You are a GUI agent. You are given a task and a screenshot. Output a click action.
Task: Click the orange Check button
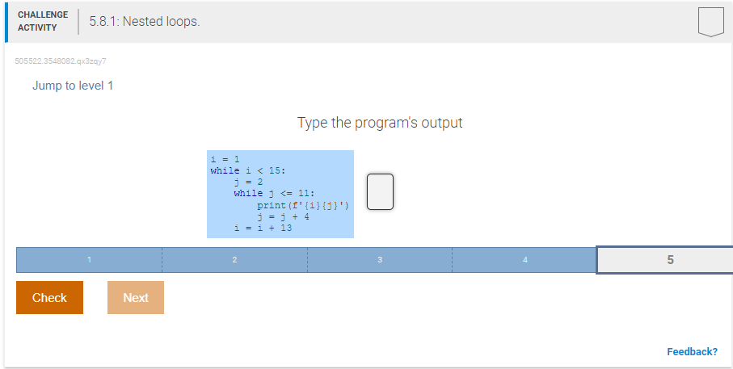pyautogui.click(x=49, y=297)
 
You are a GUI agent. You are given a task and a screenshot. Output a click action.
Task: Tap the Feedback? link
pyautogui.click(x=692, y=352)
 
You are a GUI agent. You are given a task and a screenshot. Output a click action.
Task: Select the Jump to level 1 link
pyautogui.click(x=73, y=86)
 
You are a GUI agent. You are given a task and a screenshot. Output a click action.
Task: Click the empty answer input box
pyautogui.click(x=380, y=192)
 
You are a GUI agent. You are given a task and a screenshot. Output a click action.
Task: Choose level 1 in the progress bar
pyautogui.click(x=89, y=260)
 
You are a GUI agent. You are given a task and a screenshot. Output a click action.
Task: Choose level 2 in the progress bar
pyautogui.click(x=234, y=260)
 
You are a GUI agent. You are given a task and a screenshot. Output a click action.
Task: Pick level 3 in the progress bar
pyautogui.click(x=380, y=260)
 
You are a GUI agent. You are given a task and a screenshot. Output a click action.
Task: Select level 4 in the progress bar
pyautogui.click(x=524, y=260)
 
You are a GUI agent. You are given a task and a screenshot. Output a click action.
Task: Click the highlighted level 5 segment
pyautogui.click(x=665, y=260)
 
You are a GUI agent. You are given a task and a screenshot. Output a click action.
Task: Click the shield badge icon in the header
pyautogui.click(x=711, y=22)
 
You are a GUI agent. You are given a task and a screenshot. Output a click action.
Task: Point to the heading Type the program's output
pyautogui.click(x=380, y=123)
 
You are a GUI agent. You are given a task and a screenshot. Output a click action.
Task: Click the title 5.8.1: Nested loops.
pyautogui.click(x=145, y=22)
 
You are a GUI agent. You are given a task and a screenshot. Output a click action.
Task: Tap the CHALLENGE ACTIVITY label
pyautogui.click(x=43, y=21)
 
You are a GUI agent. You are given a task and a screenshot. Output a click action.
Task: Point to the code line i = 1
pyautogui.click(x=225, y=159)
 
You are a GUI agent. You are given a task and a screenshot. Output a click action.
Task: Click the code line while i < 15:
pyautogui.click(x=248, y=170)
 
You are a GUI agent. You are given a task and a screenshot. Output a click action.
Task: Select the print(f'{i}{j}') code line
pyautogui.click(x=303, y=205)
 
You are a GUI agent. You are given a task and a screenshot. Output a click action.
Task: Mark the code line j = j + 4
pyautogui.click(x=283, y=216)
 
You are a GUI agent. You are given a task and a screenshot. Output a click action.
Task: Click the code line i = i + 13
pyautogui.click(x=263, y=228)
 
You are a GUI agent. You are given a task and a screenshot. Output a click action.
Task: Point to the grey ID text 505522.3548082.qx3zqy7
pyautogui.click(x=61, y=61)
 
